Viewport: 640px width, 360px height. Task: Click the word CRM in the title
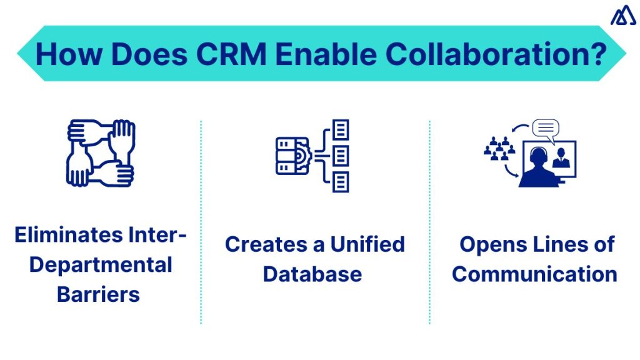click(x=233, y=54)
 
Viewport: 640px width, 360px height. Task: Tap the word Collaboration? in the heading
click(x=496, y=54)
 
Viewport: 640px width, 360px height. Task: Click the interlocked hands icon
click(x=100, y=152)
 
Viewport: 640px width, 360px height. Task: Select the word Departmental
click(x=100, y=264)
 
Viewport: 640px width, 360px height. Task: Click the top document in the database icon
click(x=341, y=130)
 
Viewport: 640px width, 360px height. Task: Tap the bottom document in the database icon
click(x=341, y=182)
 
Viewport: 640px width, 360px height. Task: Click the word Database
click(x=312, y=274)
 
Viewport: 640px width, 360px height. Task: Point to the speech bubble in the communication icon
click(x=545, y=129)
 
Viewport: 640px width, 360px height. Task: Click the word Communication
click(x=535, y=274)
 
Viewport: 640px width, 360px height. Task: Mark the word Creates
click(x=263, y=244)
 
